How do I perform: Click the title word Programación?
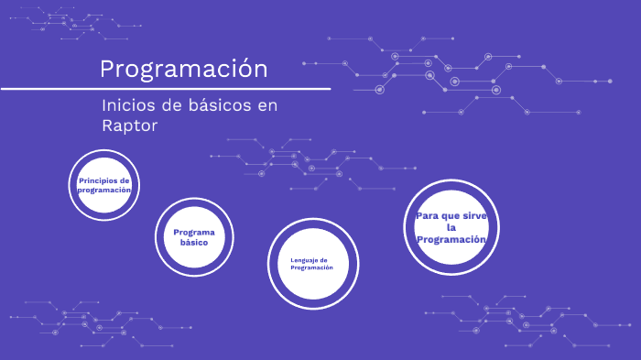[184, 69]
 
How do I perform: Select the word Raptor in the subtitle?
[130, 125]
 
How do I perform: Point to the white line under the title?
[165, 89]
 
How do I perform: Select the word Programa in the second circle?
[193, 233]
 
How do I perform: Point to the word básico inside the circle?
[193, 243]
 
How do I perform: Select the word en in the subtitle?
[266, 105]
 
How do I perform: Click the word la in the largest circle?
[451, 227]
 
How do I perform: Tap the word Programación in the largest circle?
[451, 239]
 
